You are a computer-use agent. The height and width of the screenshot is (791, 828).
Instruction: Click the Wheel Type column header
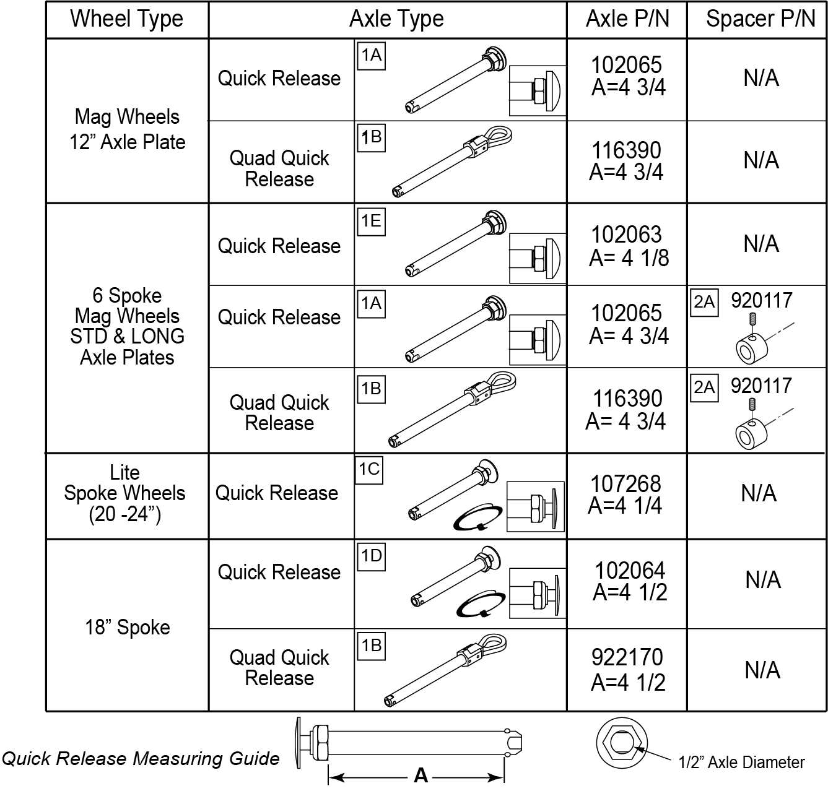(126, 19)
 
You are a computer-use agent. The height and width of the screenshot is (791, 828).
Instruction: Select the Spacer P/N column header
(760, 19)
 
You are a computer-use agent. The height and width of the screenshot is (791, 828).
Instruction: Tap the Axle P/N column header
(627, 19)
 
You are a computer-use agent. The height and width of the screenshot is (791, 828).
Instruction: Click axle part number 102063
(626, 235)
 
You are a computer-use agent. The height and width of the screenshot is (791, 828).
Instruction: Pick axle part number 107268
(625, 483)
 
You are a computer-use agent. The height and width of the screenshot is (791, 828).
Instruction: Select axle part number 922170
(627, 657)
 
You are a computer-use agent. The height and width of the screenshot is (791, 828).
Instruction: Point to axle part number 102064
(630, 570)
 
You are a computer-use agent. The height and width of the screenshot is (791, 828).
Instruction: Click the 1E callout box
(372, 222)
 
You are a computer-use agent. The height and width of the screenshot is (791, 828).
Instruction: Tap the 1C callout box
(369, 470)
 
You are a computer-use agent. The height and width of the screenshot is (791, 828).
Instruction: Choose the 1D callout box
(372, 556)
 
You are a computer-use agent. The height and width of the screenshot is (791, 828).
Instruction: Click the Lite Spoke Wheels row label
(124, 493)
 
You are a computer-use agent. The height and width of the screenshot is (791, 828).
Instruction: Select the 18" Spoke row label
(127, 627)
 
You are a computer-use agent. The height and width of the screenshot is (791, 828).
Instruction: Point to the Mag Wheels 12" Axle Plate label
(127, 129)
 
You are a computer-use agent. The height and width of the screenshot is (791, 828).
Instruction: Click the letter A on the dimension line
(421, 776)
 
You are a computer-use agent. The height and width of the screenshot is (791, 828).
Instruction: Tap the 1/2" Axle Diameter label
(742, 763)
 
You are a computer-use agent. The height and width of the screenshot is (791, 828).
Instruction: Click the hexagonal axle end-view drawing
(622, 743)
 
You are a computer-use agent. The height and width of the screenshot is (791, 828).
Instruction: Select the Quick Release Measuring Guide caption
(141, 758)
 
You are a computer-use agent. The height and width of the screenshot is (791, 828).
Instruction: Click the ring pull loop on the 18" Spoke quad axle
(493, 645)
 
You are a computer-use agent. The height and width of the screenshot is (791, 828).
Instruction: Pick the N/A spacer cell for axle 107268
(759, 493)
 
